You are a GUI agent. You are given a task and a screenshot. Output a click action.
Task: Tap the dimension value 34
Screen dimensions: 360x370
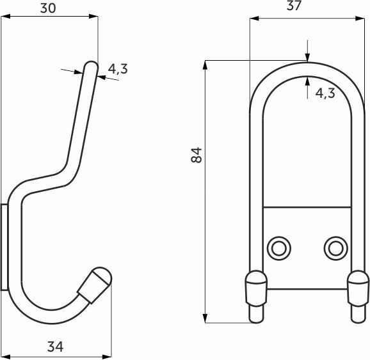56,347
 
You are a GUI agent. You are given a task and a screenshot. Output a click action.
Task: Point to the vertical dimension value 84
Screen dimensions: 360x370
197,154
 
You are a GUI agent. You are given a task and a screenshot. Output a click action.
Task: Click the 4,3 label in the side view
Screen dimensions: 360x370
118,69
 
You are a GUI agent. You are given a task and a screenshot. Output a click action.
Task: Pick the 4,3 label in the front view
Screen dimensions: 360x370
325,93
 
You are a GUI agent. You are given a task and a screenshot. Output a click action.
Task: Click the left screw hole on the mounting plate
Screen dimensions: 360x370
278,246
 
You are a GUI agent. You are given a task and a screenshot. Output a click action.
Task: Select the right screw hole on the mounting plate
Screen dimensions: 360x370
334,246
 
